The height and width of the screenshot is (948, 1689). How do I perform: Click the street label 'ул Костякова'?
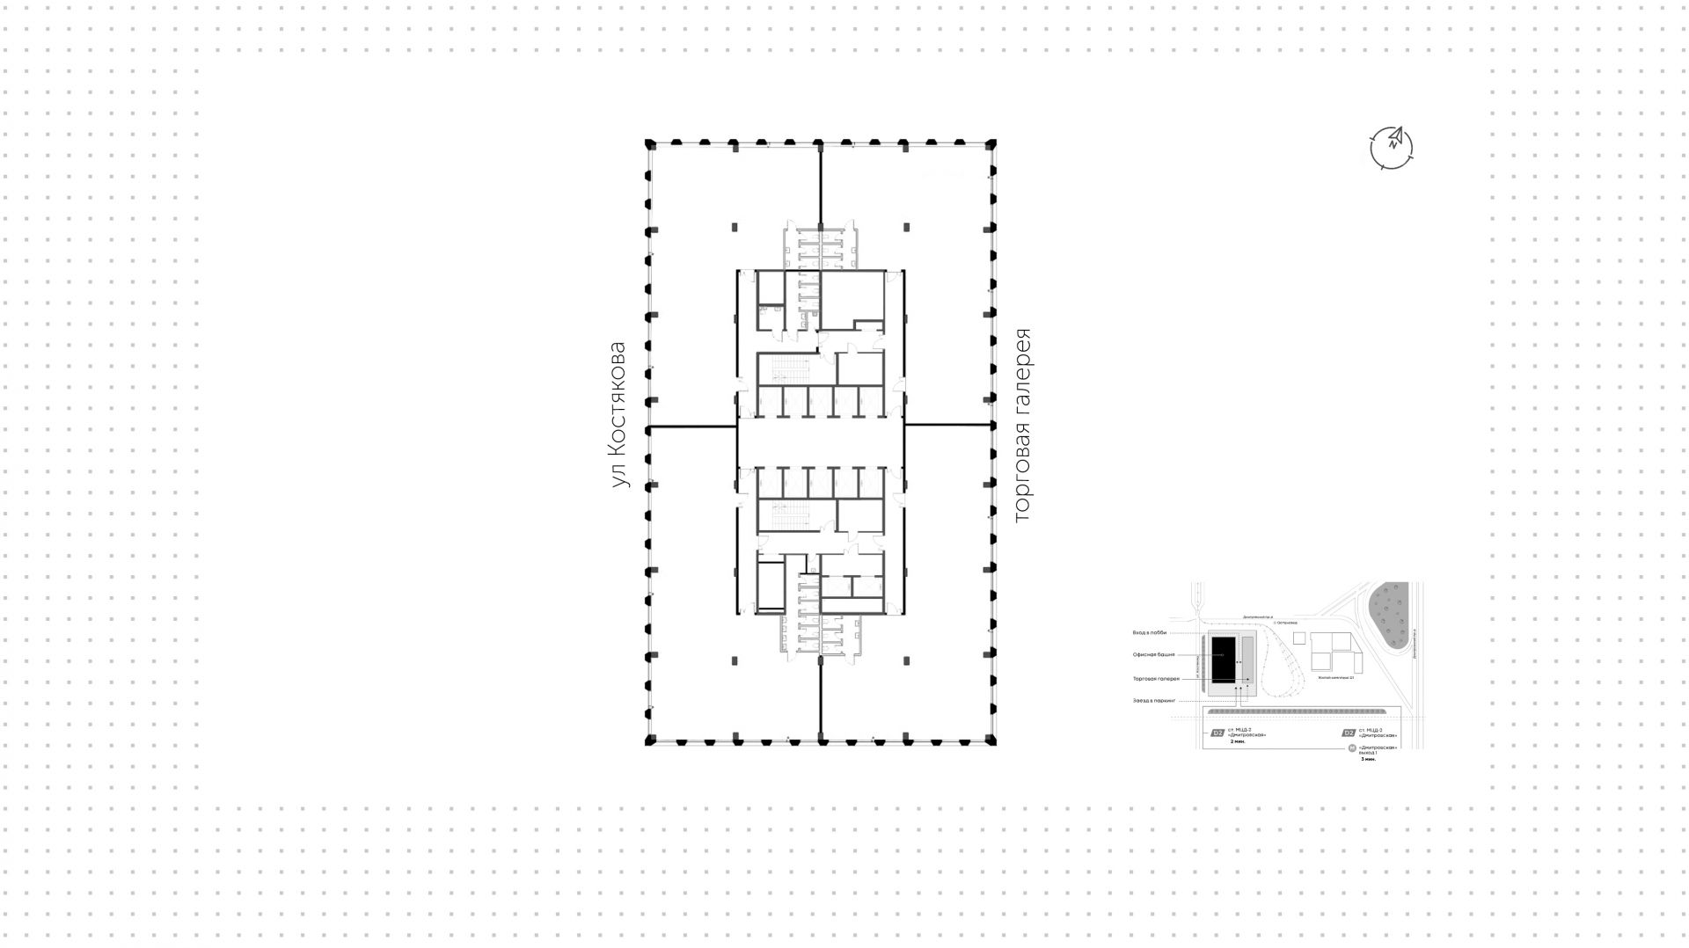coord(619,415)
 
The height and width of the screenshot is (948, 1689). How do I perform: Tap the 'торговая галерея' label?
coord(1021,426)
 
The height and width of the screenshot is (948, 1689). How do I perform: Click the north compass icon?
coord(1392,147)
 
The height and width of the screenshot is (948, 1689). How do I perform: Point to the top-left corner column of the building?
coord(651,143)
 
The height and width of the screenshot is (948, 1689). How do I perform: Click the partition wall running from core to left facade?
coord(692,427)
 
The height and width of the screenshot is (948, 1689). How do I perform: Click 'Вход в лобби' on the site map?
coord(1149,633)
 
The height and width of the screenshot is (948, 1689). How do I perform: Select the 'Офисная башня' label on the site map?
coord(1153,655)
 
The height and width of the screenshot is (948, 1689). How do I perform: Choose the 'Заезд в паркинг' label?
coord(1153,701)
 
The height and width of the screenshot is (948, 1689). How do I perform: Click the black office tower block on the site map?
coord(1222,660)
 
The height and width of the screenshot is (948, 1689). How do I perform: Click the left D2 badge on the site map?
coord(1217,733)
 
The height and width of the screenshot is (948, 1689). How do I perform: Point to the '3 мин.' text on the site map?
coord(1367,759)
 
